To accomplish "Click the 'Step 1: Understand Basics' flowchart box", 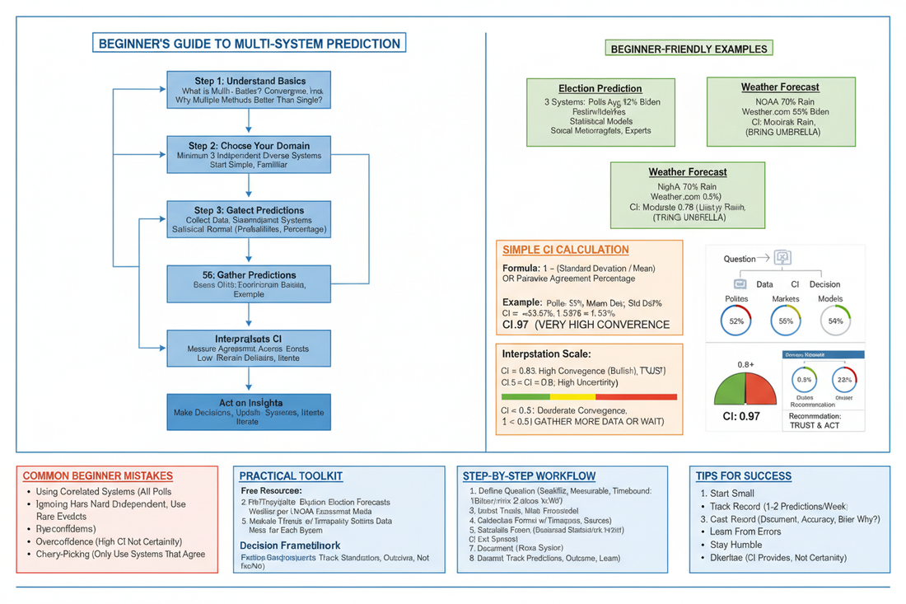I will (248, 91).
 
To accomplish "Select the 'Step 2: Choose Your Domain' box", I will (248, 154).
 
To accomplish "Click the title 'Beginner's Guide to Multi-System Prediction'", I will (249, 44).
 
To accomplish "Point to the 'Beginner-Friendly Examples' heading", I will (689, 49).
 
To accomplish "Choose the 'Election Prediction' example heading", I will (600, 88).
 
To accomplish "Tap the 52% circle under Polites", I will (736, 321).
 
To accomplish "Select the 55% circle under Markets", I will (786, 321).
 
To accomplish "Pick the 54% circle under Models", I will (835, 321).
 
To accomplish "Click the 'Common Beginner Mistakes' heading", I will (97, 476).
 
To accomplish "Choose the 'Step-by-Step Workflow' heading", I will (530, 476).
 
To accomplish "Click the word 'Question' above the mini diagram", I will (740, 259).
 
